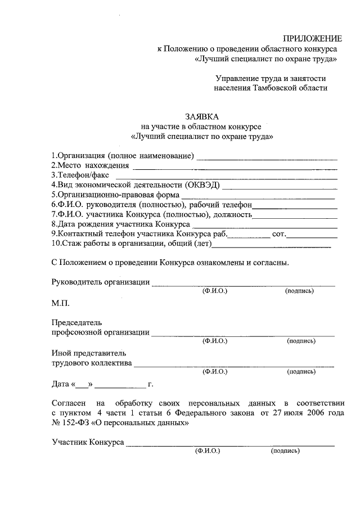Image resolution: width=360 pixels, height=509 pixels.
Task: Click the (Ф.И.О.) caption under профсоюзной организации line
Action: (x=214, y=341)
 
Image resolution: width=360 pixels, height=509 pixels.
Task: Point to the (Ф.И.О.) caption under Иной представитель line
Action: (x=214, y=372)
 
